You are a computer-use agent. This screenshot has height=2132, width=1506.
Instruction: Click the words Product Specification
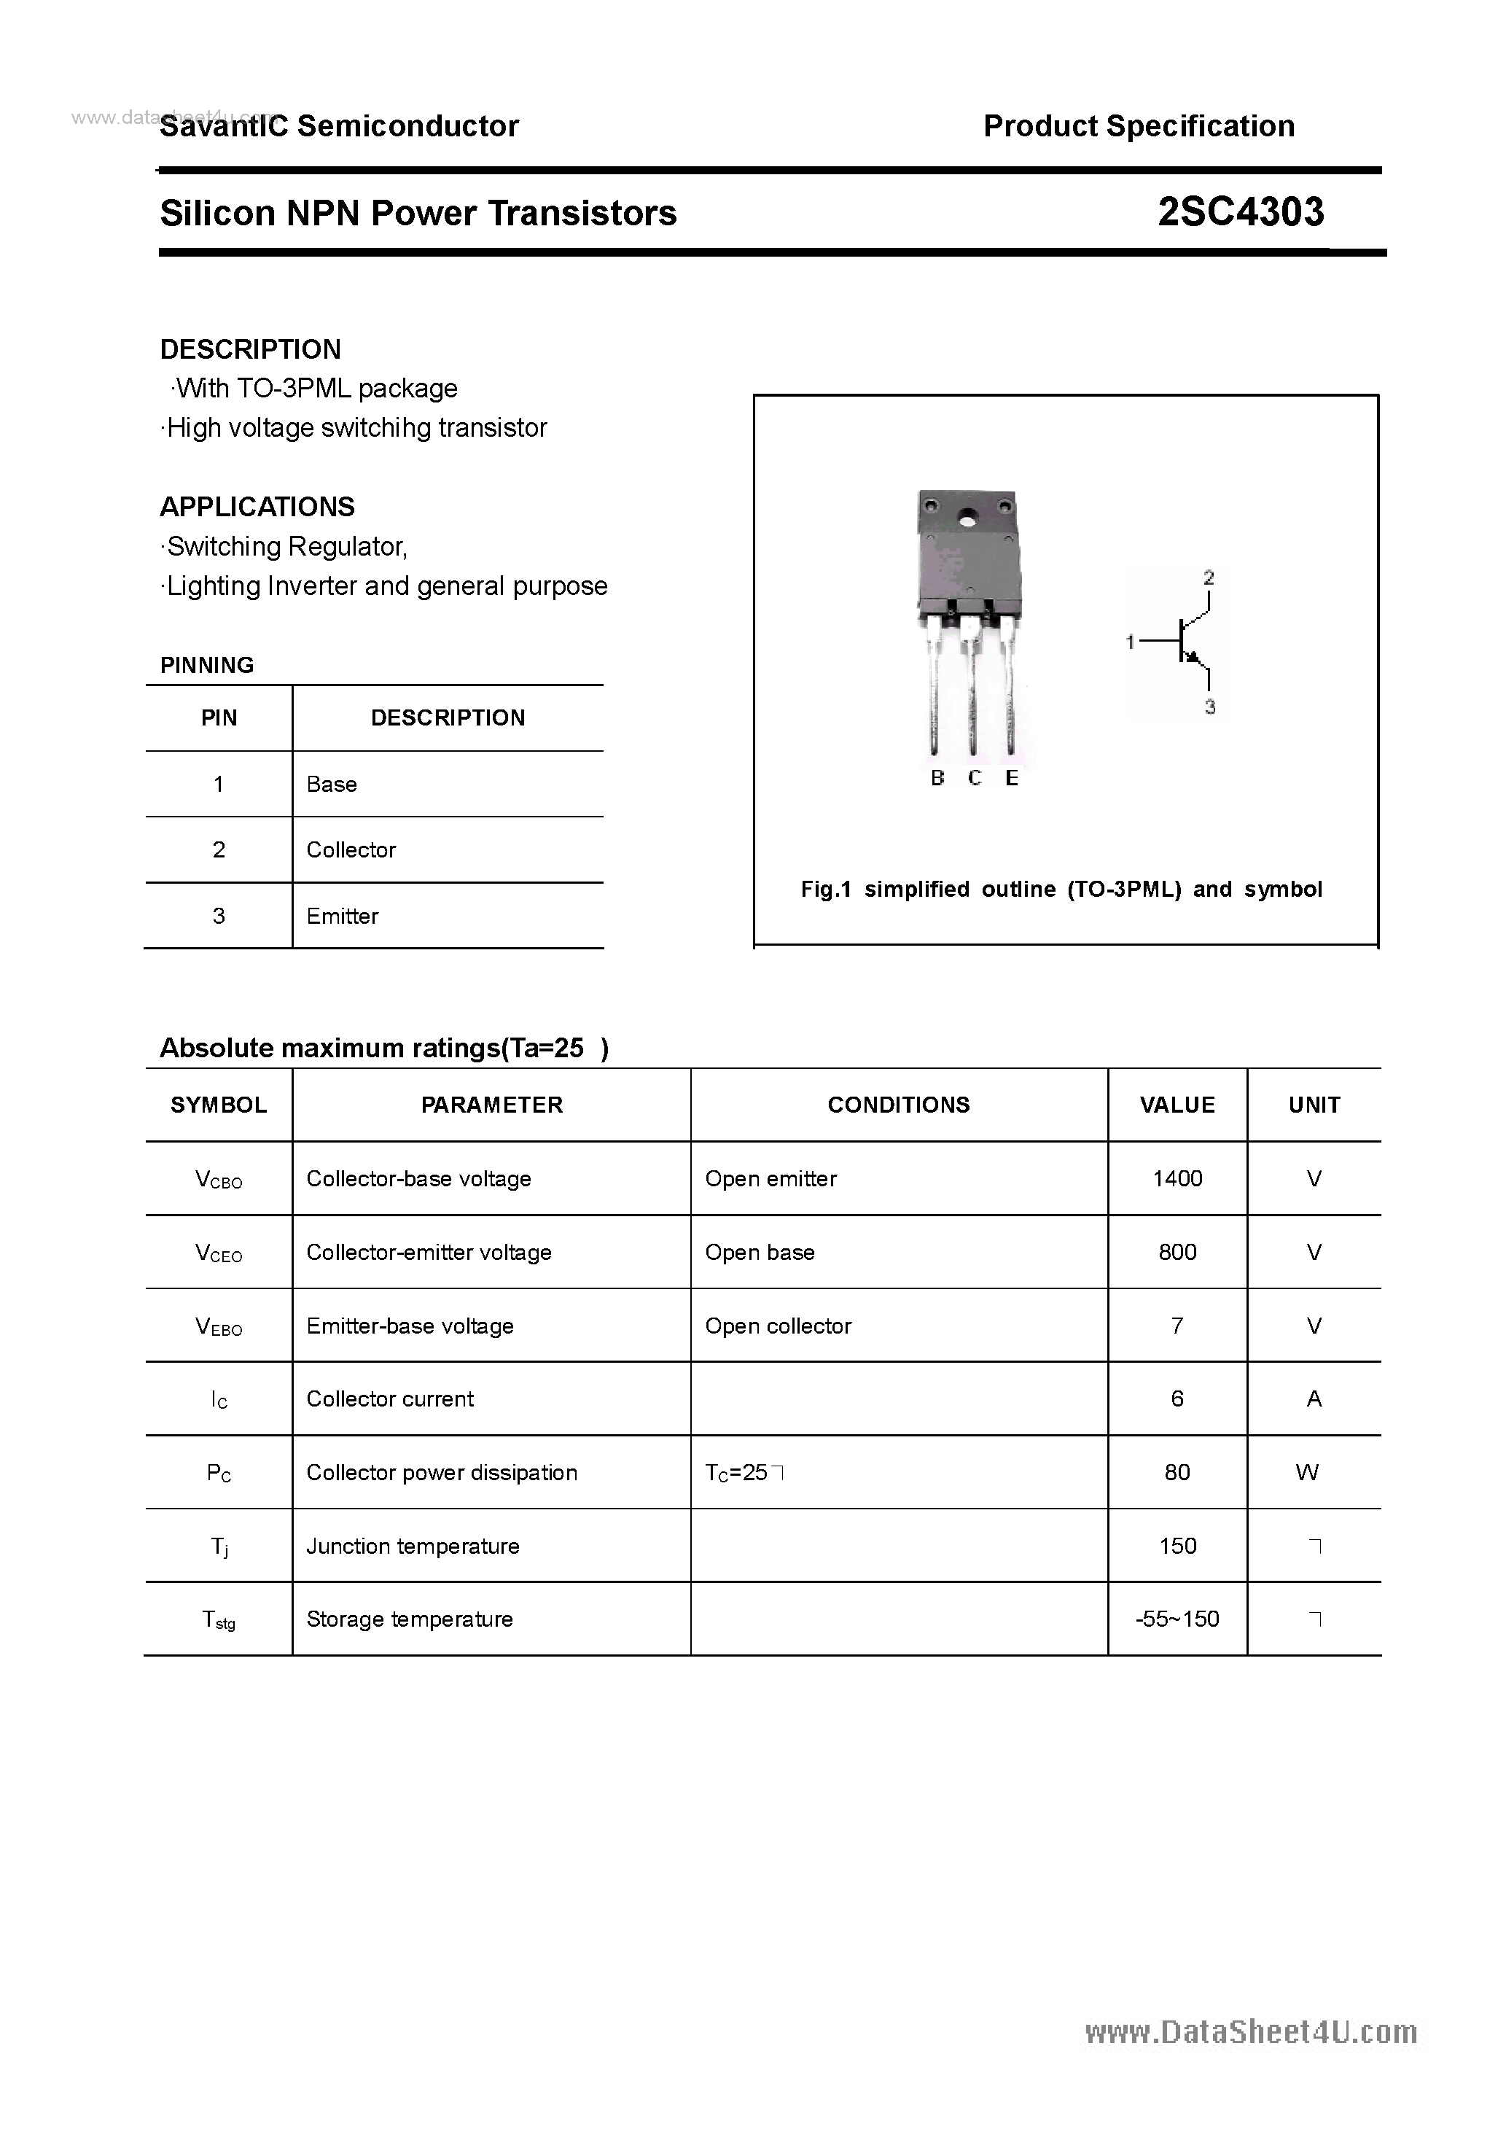(x=1139, y=126)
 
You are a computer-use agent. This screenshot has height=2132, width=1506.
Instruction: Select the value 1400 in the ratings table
(x=1177, y=1178)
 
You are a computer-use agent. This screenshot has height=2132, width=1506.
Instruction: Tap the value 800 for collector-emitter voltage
(x=1177, y=1252)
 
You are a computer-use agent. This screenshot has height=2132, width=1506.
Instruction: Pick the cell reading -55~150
(x=1177, y=1619)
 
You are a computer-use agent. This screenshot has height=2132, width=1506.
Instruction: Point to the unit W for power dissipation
(x=1306, y=1472)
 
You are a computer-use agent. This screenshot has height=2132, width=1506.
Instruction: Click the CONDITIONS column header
(x=898, y=1105)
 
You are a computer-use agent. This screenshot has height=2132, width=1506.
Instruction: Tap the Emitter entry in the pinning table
(x=343, y=917)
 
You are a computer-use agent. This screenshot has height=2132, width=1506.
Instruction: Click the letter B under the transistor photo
(x=937, y=778)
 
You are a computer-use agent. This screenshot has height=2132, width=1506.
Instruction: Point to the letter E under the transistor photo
(x=1011, y=778)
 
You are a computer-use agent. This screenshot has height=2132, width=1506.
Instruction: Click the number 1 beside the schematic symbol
(x=1130, y=642)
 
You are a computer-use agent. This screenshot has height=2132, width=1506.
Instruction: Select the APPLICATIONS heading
(x=257, y=507)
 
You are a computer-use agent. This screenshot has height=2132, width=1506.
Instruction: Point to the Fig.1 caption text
(x=1061, y=890)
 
